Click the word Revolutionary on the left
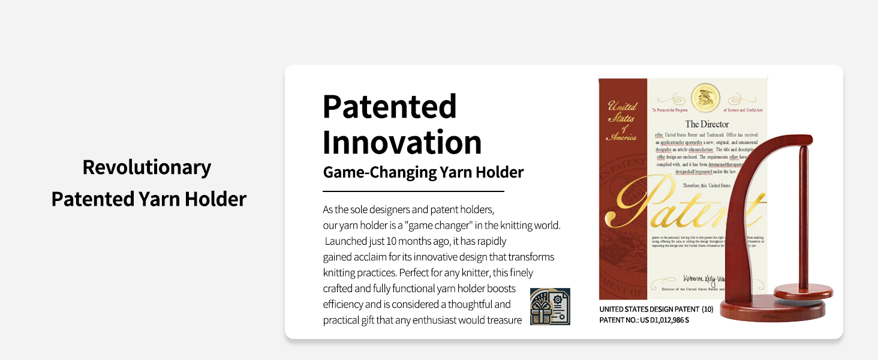coord(146,167)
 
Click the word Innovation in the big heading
coord(402,143)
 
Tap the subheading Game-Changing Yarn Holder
coord(423,173)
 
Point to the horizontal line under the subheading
coord(413,191)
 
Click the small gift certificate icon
coord(550,307)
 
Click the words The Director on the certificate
coord(707,124)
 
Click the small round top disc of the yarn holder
coord(803,292)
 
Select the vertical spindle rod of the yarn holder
coord(802,216)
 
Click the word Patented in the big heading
coord(389,107)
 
